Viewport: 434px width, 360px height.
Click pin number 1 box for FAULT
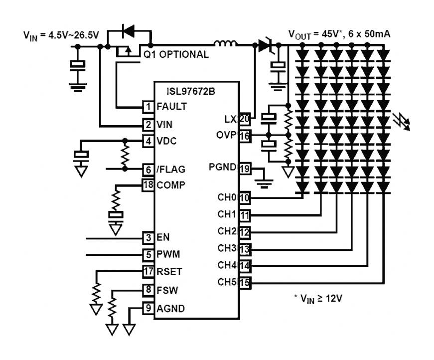click(148, 106)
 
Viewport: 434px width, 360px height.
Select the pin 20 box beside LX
click(244, 119)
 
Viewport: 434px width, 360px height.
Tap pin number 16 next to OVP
click(244, 135)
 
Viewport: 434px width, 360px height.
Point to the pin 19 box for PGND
click(244, 168)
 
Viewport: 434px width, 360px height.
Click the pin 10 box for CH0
click(244, 198)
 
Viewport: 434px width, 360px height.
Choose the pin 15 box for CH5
click(244, 282)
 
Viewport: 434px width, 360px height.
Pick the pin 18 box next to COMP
click(148, 185)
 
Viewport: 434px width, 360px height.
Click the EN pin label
click(163, 237)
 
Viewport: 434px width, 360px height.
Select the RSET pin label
click(169, 272)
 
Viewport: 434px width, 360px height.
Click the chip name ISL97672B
click(192, 91)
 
